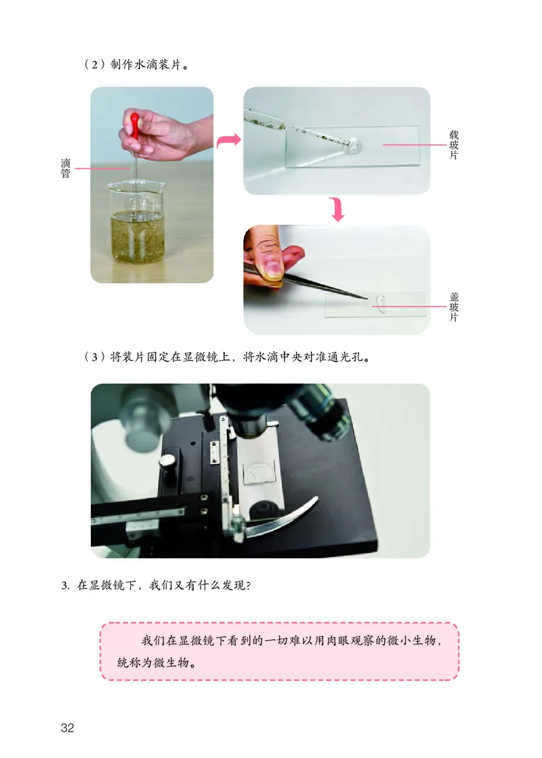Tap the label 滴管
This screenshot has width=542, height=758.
(66, 169)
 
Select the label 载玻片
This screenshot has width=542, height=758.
(453, 145)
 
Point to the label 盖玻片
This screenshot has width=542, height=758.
(453, 307)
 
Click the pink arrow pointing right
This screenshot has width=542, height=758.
(228, 141)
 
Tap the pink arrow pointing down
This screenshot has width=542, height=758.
(337, 209)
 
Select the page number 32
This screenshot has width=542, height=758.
(67, 728)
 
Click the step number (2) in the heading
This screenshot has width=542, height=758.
(95, 64)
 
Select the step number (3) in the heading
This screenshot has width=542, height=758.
(95, 357)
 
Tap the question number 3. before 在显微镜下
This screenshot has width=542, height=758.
(66, 585)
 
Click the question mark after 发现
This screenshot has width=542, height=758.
(249, 585)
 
